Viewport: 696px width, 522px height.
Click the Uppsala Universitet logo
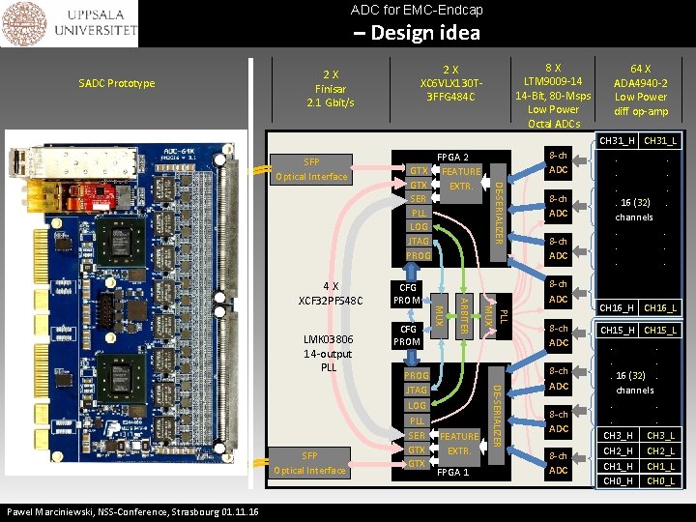tap(69, 24)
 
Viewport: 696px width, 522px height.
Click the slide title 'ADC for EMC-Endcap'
tap(417, 11)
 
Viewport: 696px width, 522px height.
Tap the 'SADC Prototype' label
tap(117, 83)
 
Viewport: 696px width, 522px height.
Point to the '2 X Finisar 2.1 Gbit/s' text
tap(331, 88)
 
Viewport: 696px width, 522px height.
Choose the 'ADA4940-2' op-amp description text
tap(641, 83)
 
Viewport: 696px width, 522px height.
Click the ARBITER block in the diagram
tap(464, 314)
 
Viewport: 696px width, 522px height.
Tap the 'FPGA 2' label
tap(453, 158)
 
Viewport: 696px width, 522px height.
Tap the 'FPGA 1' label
tap(453, 473)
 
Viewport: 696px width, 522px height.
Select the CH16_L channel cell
tap(661, 308)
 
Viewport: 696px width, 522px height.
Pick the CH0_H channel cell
tap(618, 481)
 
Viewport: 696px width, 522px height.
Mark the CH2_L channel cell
tap(661, 450)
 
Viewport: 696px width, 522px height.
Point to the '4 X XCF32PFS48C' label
tap(331, 293)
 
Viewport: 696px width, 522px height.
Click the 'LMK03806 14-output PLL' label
tap(329, 354)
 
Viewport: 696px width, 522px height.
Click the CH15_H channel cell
tap(618, 331)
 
